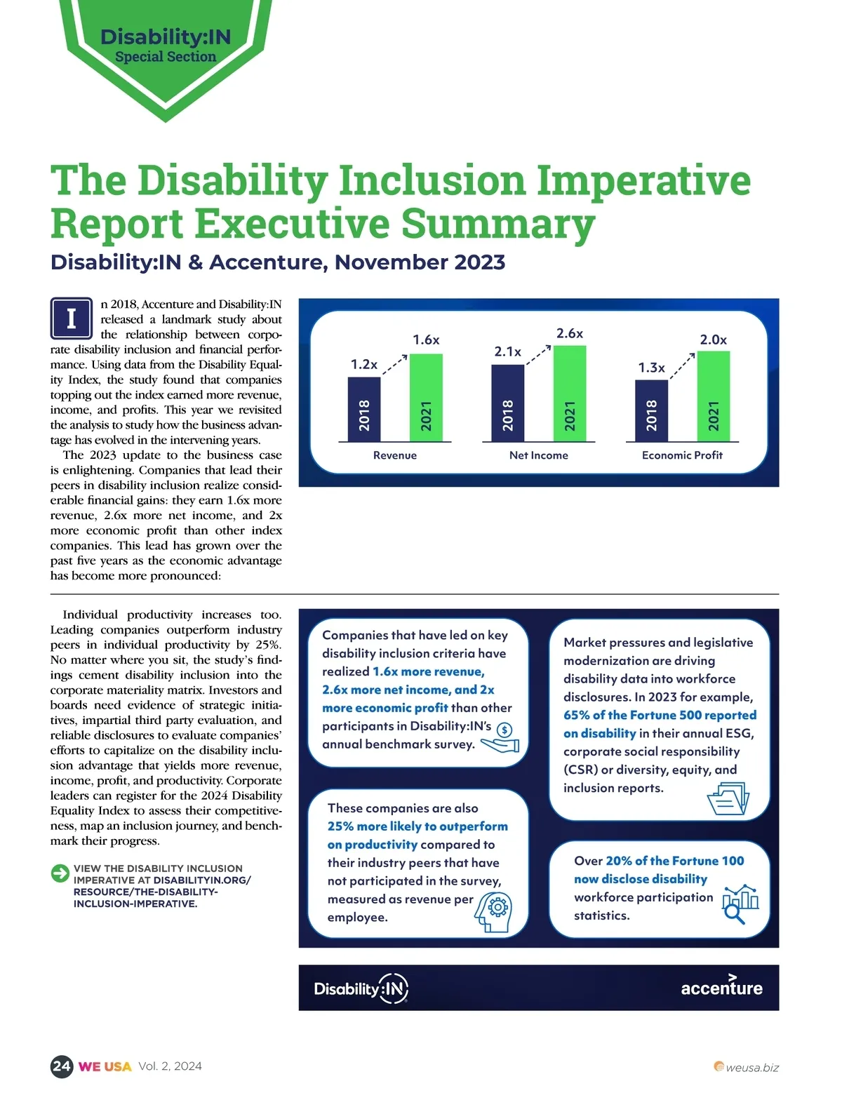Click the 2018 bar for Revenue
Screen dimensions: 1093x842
[364, 409]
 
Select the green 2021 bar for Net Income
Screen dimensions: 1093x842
[570, 394]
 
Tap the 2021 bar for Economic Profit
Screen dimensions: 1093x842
[714, 396]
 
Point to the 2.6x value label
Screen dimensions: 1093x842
[570, 333]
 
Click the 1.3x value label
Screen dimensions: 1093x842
[651, 368]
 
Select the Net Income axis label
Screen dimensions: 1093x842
[538, 455]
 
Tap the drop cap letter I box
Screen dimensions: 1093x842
[72, 318]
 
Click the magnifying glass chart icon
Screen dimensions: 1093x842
[740, 904]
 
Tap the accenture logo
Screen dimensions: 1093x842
[721, 987]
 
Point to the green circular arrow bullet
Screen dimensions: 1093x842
[60, 873]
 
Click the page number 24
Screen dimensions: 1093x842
[62, 1066]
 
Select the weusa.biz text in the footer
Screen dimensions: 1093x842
[751, 1068]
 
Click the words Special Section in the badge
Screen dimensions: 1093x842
[166, 57]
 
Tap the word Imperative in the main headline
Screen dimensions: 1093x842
[643, 180]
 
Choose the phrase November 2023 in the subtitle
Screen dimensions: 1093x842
[420, 262]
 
